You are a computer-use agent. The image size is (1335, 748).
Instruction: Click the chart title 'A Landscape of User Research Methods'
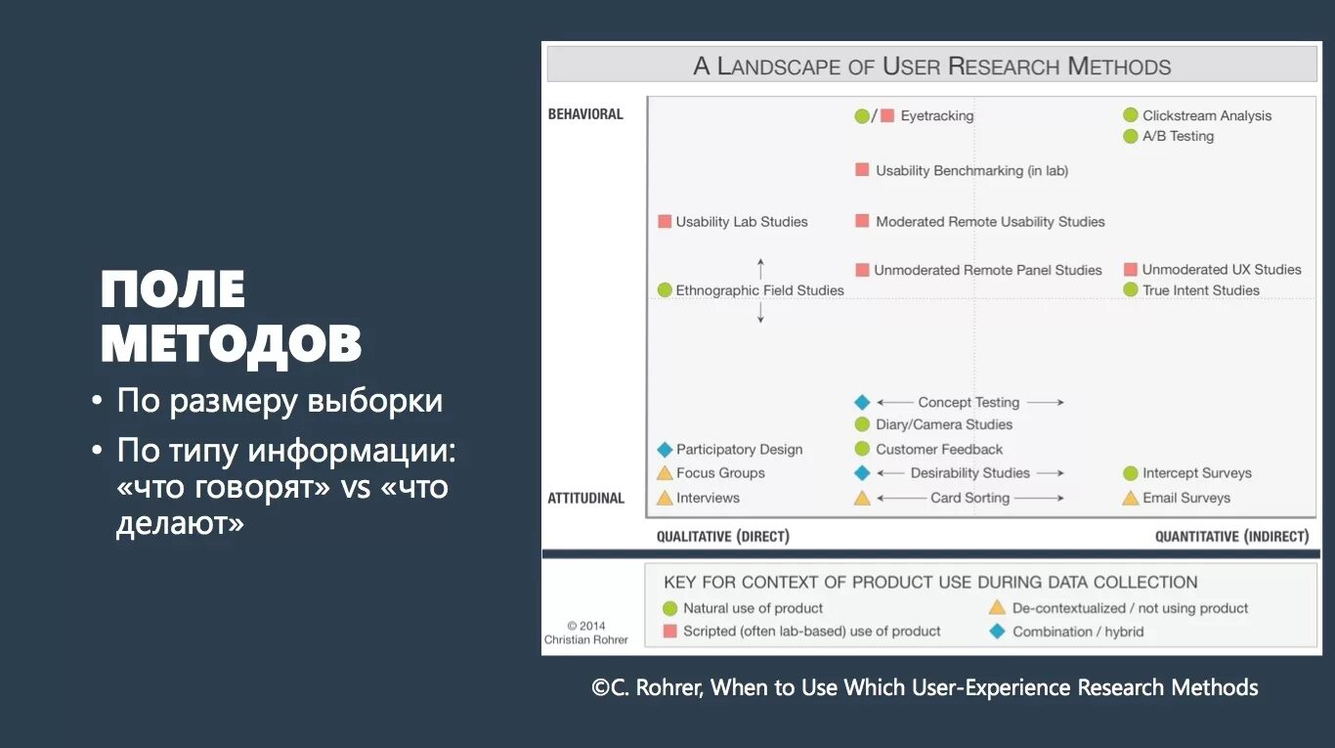point(931,66)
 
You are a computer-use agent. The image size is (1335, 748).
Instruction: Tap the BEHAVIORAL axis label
point(585,114)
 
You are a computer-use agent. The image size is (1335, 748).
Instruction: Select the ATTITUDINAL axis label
point(585,499)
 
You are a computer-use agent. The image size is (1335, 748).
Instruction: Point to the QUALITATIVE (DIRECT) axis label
point(722,537)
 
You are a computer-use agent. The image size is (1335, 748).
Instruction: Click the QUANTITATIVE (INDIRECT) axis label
point(1231,537)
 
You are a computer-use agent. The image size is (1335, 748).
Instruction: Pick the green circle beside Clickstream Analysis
point(1131,115)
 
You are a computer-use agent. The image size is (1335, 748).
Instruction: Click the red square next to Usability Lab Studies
point(665,222)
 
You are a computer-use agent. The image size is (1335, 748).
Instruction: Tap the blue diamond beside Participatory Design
point(665,450)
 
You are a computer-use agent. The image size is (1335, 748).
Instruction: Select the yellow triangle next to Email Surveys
point(1131,498)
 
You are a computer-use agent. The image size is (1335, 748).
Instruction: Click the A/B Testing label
point(1178,136)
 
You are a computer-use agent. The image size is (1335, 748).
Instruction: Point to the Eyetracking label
point(936,115)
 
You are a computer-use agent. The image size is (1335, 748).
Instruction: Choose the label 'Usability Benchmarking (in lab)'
point(971,170)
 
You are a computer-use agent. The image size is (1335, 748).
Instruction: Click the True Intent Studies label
point(1200,290)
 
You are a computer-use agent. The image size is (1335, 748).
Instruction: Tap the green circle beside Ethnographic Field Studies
point(665,290)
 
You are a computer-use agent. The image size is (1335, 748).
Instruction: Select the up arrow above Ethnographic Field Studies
point(760,268)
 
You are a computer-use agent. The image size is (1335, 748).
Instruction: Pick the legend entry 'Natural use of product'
point(753,608)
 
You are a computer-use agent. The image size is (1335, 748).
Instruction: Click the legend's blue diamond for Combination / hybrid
point(997,632)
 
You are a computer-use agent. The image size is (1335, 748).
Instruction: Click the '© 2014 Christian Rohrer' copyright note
point(585,633)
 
